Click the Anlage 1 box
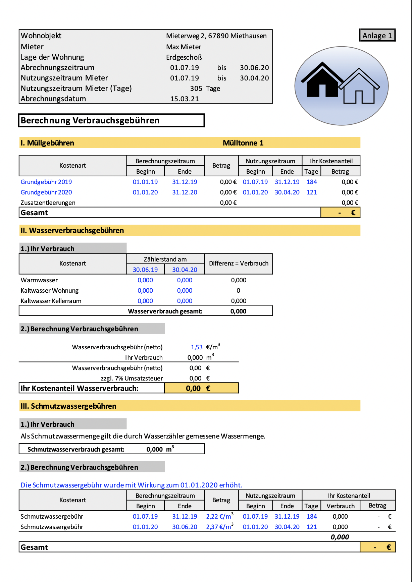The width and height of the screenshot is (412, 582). (x=377, y=36)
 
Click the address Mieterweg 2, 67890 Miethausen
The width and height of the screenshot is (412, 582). (x=216, y=36)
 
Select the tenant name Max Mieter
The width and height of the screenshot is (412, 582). (x=184, y=47)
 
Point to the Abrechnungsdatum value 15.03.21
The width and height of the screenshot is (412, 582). (x=185, y=99)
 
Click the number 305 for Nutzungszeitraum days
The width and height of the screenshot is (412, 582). (x=196, y=89)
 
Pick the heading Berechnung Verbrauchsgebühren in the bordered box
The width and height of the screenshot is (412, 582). (x=90, y=120)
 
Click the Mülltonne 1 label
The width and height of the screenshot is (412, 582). (x=243, y=143)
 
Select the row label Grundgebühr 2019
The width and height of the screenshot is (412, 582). (x=46, y=182)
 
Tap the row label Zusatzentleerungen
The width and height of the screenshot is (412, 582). (x=48, y=203)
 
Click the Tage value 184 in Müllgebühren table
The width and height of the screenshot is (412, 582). (x=312, y=182)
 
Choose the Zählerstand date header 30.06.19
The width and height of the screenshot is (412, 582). (x=145, y=270)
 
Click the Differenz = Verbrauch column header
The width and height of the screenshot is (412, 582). (x=239, y=264)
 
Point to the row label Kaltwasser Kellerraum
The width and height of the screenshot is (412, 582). (x=51, y=301)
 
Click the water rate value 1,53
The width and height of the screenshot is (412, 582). (x=197, y=347)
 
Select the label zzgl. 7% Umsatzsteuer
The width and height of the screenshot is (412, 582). (x=132, y=379)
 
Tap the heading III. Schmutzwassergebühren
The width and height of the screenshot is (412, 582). (x=68, y=406)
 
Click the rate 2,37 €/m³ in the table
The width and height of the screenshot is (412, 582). (x=220, y=527)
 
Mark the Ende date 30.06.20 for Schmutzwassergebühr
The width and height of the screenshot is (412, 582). (x=185, y=527)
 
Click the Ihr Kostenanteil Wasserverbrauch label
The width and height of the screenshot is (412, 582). (x=80, y=389)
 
